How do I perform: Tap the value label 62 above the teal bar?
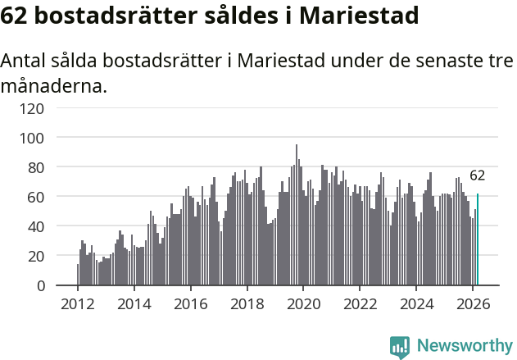(x=477, y=175)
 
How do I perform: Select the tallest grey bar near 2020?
(x=297, y=215)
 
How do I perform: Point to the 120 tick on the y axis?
(x=54, y=107)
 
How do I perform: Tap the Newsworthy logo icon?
(x=400, y=347)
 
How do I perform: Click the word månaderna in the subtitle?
(x=53, y=84)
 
